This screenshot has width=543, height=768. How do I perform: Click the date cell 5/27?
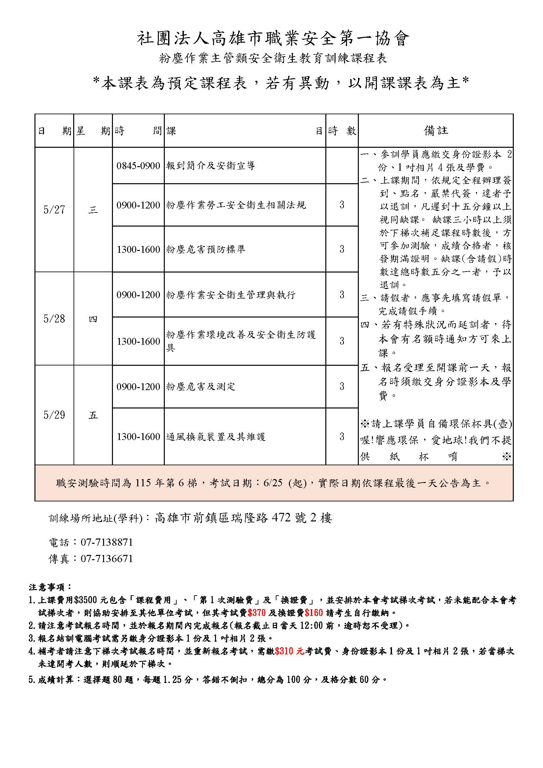click(x=54, y=210)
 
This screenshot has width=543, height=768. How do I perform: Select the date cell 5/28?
click(x=54, y=319)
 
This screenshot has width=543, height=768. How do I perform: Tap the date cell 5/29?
click(x=54, y=415)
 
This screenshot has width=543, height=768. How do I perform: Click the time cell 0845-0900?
click(x=138, y=165)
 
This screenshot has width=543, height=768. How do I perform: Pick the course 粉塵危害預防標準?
click(x=206, y=249)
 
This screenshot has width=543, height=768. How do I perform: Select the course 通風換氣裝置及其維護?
click(x=216, y=437)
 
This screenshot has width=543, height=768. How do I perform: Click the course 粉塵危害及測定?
click(x=201, y=387)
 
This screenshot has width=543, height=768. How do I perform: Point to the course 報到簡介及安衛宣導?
click(x=211, y=165)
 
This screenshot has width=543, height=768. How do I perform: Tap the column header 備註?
click(x=436, y=131)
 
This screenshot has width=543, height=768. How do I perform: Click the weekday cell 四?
click(x=93, y=319)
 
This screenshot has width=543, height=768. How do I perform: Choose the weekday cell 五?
click(x=93, y=415)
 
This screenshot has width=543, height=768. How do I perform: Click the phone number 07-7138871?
click(x=107, y=542)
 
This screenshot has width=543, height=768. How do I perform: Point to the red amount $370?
click(x=257, y=613)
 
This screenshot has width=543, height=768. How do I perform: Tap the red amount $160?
click(x=314, y=613)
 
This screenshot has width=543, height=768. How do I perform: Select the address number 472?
click(x=281, y=518)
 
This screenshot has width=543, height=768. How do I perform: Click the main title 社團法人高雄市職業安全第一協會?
click(x=273, y=39)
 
